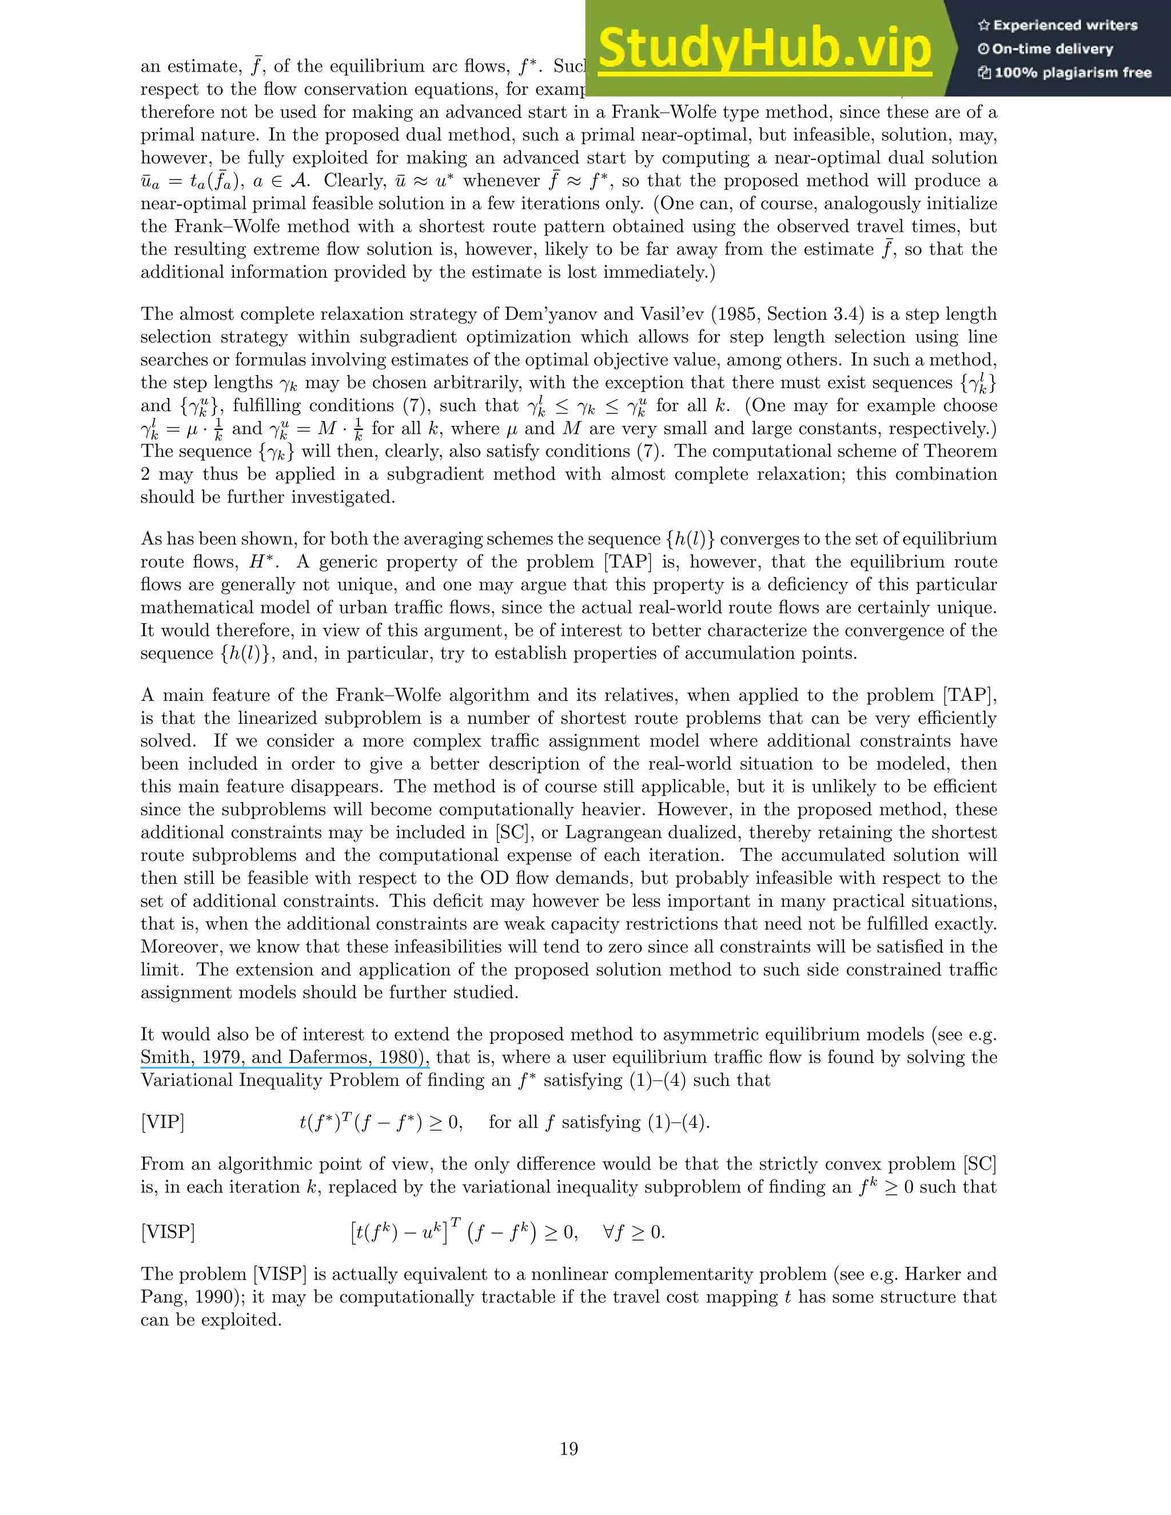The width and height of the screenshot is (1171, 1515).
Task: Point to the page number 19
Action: point(569,1449)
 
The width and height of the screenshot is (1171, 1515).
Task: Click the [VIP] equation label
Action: point(162,1122)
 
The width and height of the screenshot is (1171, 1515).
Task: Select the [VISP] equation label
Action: point(167,1232)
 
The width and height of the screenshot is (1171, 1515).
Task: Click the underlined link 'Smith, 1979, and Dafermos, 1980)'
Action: point(284,1057)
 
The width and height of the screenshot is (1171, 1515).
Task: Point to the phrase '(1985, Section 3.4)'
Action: point(787,314)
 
